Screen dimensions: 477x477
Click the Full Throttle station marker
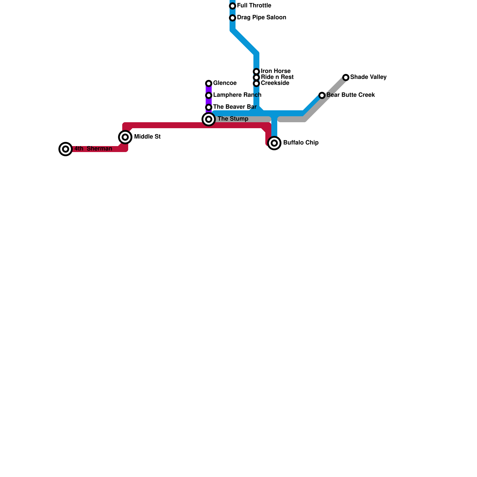(233, 6)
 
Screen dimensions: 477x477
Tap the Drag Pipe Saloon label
(261, 18)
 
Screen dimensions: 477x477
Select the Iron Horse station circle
(256, 72)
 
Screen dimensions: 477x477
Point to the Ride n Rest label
(277, 77)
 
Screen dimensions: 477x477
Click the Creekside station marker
(256, 83)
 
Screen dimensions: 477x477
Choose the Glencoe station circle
(209, 83)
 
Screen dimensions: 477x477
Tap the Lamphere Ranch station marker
(209, 95)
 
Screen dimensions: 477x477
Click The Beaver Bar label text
(235, 107)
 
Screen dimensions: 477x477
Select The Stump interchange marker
(209, 119)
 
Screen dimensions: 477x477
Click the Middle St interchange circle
(125, 137)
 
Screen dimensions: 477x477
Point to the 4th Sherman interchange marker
(66, 149)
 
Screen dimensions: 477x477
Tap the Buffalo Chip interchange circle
(274, 143)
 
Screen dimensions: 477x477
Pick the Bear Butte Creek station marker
(322, 95)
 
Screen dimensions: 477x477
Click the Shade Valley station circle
(346, 78)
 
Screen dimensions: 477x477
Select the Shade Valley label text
(368, 77)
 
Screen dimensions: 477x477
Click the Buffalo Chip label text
(301, 143)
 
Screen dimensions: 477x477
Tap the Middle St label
(147, 137)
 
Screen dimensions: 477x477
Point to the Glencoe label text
(225, 83)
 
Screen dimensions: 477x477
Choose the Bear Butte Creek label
(351, 95)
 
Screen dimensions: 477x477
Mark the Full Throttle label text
(254, 6)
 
